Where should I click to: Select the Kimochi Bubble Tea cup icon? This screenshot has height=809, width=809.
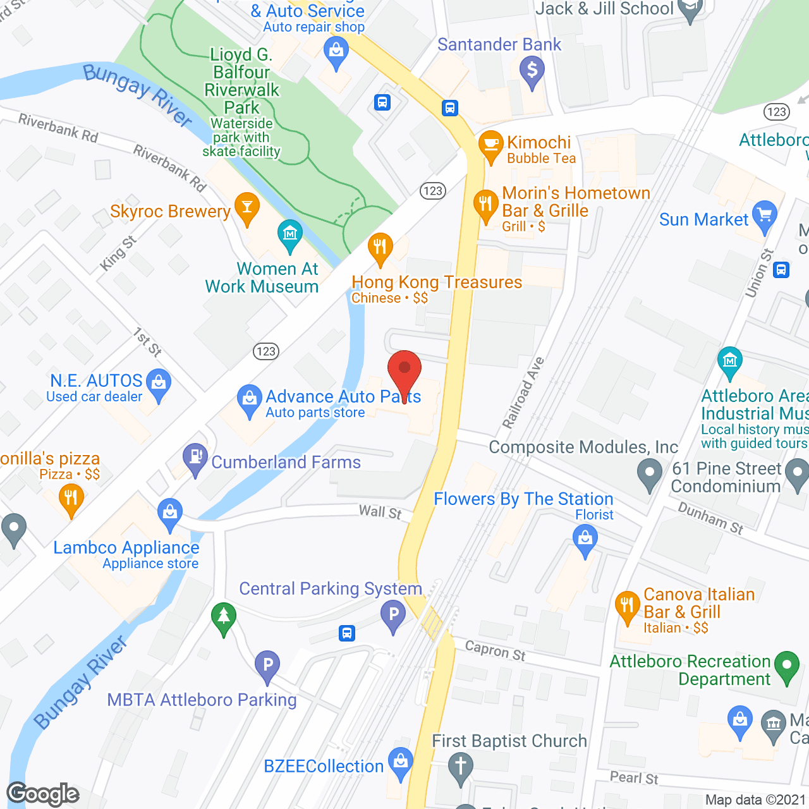[x=490, y=145]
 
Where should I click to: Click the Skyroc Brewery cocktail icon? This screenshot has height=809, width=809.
[x=246, y=207]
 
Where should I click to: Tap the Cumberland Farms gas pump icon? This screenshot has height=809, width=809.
[x=195, y=458]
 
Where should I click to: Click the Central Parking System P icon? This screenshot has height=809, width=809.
[x=393, y=614]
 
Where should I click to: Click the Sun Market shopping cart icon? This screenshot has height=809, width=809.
[x=765, y=216]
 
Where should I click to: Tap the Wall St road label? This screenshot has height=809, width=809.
[x=380, y=512]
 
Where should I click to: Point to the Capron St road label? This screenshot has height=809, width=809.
[x=495, y=650]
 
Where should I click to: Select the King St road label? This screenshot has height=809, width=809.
[x=118, y=253]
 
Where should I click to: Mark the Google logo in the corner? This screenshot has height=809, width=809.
[x=43, y=794]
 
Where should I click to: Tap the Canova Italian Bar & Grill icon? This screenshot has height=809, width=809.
[x=627, y=606]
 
